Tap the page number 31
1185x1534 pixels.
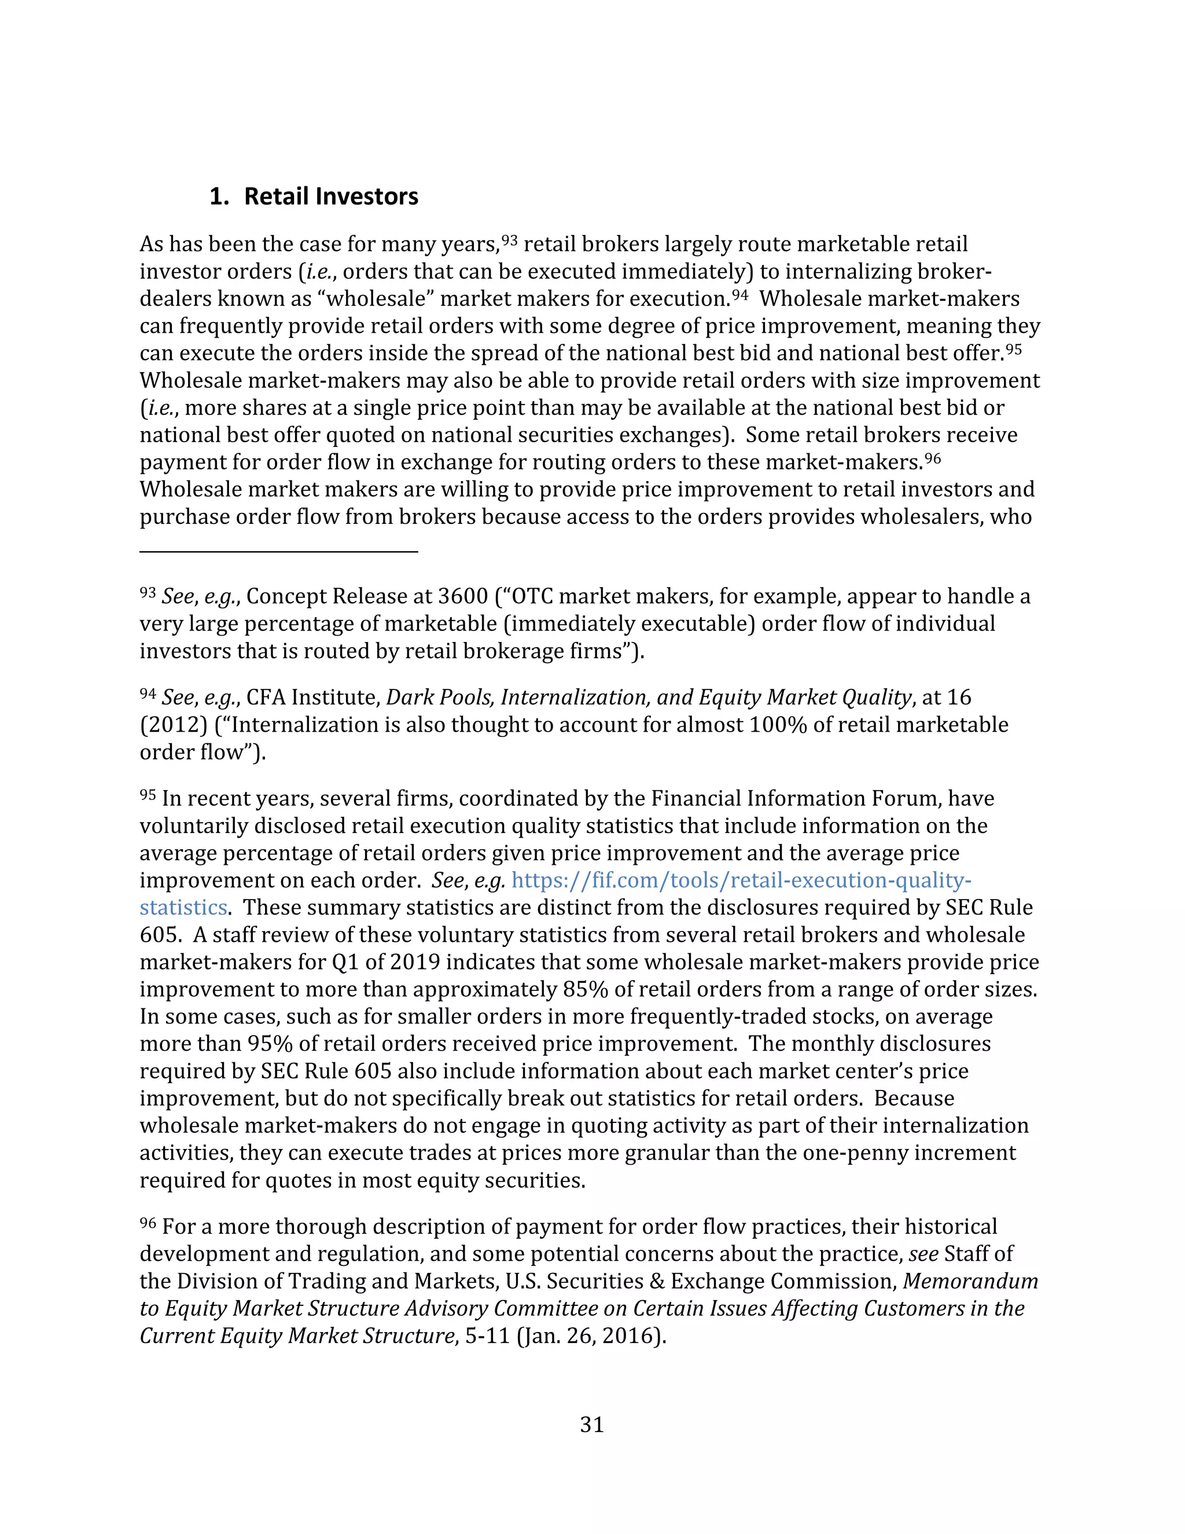[x=592, y=1425]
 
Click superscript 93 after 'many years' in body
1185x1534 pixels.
[x=510, y=240]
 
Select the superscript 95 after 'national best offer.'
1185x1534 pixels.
[x=1013, y=349]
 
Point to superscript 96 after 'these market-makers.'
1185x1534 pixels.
[x=932, y=458]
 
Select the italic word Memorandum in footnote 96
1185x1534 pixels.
[x=970, y=1281]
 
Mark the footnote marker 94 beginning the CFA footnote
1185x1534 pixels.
[x=148, y=694]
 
